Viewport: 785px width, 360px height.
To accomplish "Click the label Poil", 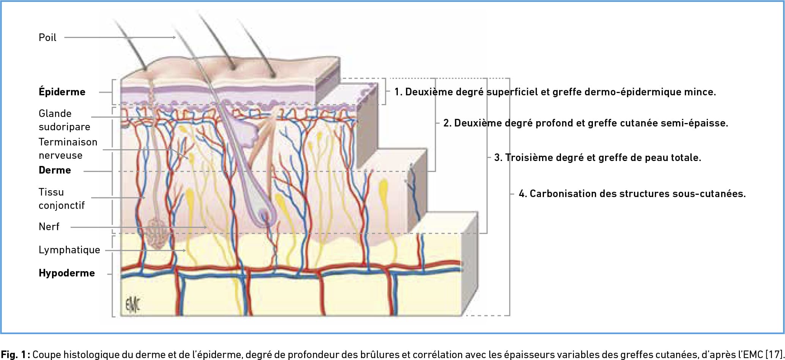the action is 47,37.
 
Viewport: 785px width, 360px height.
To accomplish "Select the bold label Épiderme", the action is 62,92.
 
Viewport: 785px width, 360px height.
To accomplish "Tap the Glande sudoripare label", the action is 65,120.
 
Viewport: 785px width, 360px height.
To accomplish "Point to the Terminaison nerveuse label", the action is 68,148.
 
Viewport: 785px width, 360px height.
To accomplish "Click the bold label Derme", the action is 55,170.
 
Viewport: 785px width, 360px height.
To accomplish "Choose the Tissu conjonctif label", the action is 61,199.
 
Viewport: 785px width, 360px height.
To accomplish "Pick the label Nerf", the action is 49,227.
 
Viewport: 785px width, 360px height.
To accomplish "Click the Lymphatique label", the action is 69,250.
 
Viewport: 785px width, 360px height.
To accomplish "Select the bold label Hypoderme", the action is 67,273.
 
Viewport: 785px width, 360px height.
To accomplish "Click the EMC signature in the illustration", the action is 132,304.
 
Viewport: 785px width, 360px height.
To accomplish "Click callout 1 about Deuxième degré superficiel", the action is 555,92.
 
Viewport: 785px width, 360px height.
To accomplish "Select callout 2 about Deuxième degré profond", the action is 586,123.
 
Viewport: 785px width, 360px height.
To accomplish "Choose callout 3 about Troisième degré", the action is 597,158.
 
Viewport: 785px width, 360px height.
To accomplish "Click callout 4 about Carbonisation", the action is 632,194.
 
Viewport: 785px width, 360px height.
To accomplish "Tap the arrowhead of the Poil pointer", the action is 174,37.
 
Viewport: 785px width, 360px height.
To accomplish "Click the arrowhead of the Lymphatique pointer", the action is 184,250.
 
